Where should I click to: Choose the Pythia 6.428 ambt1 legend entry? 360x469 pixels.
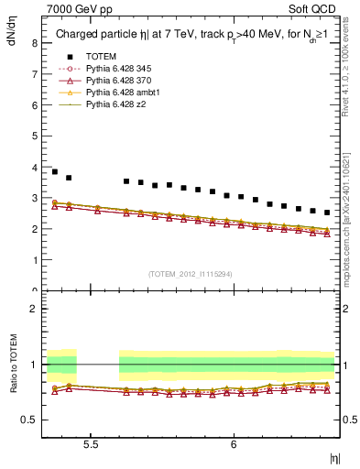(125, 93)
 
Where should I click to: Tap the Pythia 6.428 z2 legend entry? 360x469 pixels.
(119, 104)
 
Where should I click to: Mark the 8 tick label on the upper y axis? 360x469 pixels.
(33, 42)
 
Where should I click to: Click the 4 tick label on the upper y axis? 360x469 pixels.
(33, 167)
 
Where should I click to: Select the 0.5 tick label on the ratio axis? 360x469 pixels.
(28, 420)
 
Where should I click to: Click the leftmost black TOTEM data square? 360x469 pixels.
(55, 171)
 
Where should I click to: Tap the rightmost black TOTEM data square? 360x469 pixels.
(327, 213)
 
